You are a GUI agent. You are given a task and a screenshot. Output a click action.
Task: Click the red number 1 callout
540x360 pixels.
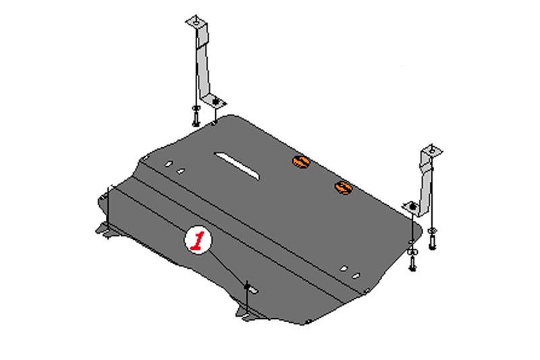[198, 240]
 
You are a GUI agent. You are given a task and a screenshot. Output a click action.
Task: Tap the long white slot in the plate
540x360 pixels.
[237, 165]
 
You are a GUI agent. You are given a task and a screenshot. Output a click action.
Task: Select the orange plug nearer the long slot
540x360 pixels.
[301, 161]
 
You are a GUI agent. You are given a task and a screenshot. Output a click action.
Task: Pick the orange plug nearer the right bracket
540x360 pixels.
[344, 188]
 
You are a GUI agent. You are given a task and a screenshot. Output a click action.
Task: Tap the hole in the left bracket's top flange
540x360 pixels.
[196, 23]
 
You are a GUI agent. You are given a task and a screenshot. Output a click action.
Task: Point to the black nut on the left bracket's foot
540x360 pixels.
[216, 102]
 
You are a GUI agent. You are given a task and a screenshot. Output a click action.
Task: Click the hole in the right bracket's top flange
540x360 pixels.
[431, 151]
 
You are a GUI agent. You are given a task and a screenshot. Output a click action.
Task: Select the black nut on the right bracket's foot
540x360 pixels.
[412, 207]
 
